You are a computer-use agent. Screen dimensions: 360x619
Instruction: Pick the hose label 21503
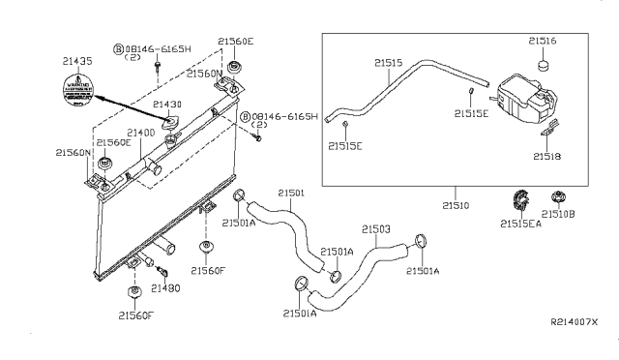point(375,229)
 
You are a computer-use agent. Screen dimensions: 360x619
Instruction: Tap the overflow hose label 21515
point(388,63)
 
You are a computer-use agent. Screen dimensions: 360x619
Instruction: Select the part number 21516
point(542,41)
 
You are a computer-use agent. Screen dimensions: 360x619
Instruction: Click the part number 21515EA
point(520,225)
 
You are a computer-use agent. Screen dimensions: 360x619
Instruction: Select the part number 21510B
point(561,225)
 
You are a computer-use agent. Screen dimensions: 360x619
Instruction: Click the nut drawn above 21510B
point(560,201)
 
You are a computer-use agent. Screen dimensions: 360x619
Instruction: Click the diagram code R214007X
point(575,321)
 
